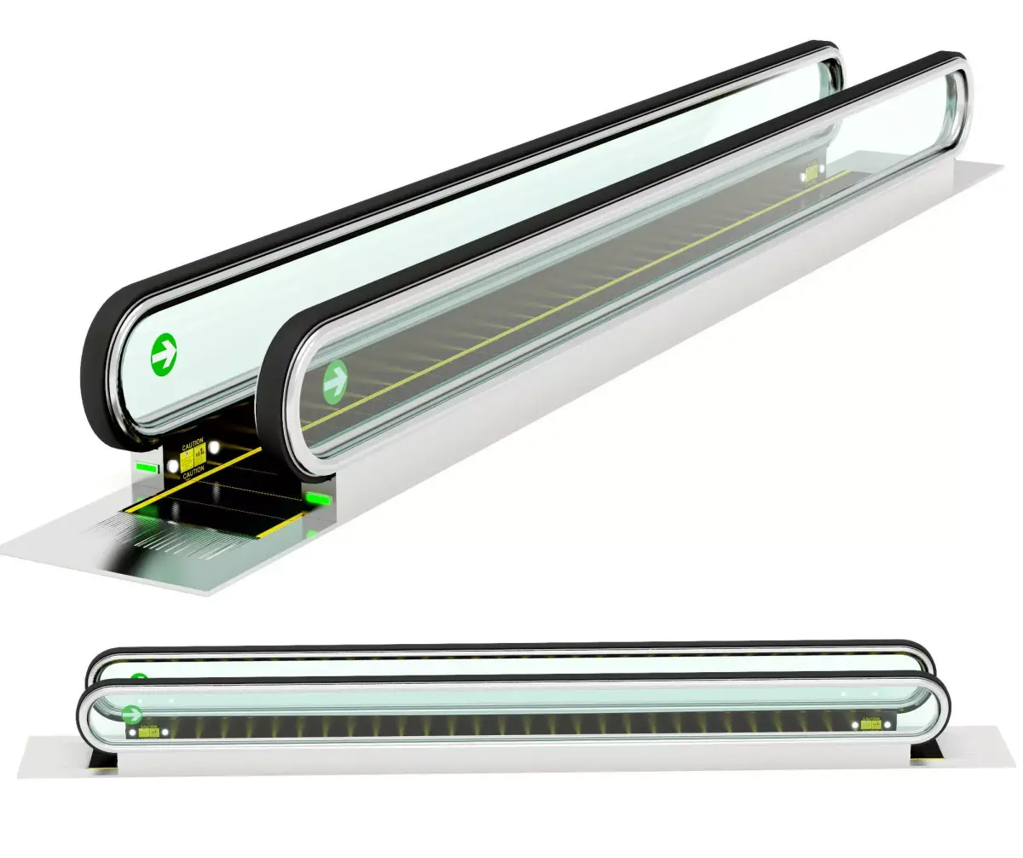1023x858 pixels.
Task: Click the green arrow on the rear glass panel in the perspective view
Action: pos(163,356)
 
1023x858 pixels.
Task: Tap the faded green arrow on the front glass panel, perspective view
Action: pos(336,380)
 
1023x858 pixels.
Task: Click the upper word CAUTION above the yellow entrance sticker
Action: pos(193,443)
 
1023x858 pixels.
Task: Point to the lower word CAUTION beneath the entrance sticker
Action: pos(194,472)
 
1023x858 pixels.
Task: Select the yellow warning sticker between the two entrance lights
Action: pos(194,457)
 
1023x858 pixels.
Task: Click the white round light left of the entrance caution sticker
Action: pos(173,466)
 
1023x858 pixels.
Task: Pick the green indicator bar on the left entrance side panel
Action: pos(147,467)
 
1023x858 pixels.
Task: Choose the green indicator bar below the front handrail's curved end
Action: pos(319,498)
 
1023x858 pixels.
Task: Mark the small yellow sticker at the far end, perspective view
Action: pos(811,173)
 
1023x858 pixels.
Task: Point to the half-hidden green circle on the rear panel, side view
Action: pos(139,679)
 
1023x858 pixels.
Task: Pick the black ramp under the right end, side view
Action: pos(926,751)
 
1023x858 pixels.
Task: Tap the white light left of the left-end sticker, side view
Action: pos(132,732)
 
